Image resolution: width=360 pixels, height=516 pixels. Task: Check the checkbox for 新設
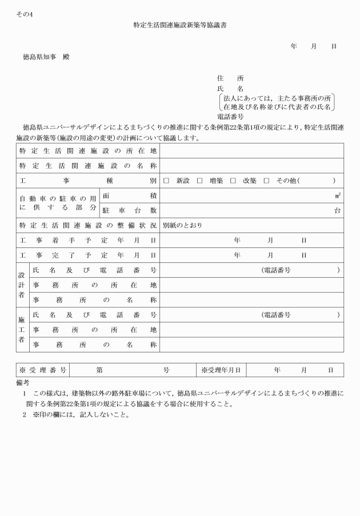166,181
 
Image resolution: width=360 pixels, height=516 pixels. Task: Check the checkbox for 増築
199,181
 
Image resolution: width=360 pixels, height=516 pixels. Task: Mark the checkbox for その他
266,181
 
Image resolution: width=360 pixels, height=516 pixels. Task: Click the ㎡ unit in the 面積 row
338,195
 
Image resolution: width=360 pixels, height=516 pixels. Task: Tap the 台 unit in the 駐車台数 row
338,210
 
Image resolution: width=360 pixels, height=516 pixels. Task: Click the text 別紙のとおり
182,225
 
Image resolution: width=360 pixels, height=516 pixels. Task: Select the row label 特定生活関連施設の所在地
87,151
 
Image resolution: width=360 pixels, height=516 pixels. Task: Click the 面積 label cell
130,195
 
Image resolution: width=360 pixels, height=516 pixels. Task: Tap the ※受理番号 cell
43,370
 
